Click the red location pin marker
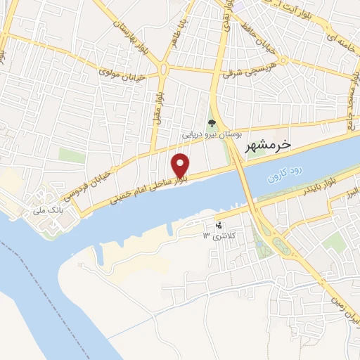click(x=181, y=165)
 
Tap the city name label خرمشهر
click(x=269, y=144)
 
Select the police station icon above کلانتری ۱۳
click(x=220, y=225)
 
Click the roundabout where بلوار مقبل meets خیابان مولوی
click(x=164, y=69)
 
